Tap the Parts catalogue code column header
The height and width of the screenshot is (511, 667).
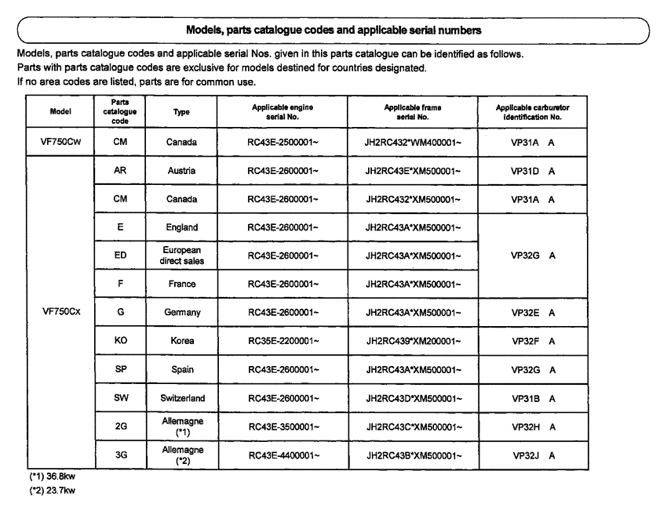coord(120,111)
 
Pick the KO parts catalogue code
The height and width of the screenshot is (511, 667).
coord(120,340)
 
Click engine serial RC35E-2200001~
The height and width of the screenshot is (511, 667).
coord(282,340)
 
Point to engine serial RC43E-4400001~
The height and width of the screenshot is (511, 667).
coord(282,454)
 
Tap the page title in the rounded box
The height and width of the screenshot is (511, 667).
coord(333,30)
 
